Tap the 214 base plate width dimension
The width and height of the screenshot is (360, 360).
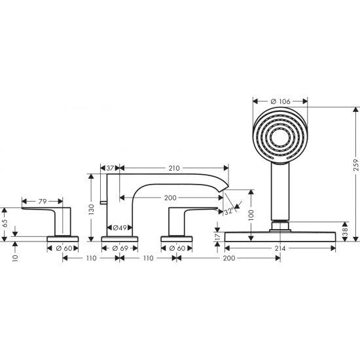coord(281,249)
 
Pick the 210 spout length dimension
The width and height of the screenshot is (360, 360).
coord(173,168)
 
